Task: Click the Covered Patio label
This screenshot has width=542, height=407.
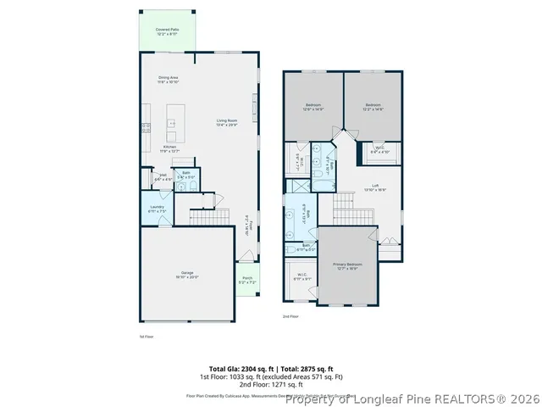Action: coord(166,31)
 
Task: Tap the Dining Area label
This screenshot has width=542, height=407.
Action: coord(168,80)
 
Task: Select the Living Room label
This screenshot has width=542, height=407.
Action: coord(226,123)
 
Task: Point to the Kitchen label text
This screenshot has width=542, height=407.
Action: coord(169,148)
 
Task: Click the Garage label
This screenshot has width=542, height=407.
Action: coord(187,275)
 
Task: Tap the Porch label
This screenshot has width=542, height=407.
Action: coord(248,280)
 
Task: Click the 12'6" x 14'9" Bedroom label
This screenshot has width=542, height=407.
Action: coord(313,107)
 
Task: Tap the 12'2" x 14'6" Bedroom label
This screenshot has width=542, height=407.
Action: coord(373,107)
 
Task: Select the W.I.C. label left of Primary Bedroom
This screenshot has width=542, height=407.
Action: coord(301,276)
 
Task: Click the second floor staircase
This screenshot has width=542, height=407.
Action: coord(345,204)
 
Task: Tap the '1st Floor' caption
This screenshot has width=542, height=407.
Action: coord(146,336)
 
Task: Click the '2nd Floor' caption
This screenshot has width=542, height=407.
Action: coord(290,316)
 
